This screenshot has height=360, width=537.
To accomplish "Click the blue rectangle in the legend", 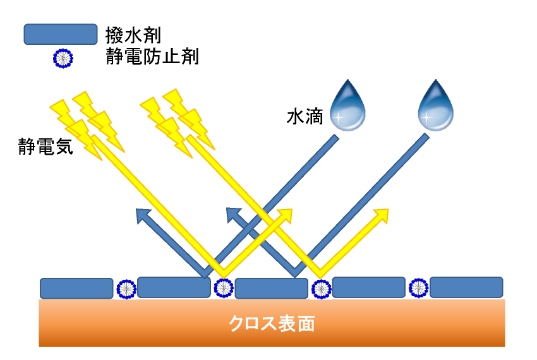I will [60, 34].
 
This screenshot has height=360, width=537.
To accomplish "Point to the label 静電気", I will [46, 147].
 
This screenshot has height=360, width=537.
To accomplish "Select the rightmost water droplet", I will [437, 106].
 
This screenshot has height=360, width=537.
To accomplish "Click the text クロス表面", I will [272, 325].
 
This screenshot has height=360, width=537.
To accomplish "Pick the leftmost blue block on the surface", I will [76, 288].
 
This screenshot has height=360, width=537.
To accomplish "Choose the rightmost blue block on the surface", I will [466, 287].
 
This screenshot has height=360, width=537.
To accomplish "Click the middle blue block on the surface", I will [271, 288].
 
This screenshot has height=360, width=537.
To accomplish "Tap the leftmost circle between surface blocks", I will [126, 289].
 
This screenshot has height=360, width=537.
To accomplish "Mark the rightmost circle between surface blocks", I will [418, 288].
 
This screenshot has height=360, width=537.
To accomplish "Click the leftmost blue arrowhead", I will [143, 215].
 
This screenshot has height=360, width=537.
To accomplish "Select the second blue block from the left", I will [174, 287].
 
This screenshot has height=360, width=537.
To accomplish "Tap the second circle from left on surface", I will [223, 288].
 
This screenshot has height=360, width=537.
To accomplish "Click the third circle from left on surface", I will [321, 289].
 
